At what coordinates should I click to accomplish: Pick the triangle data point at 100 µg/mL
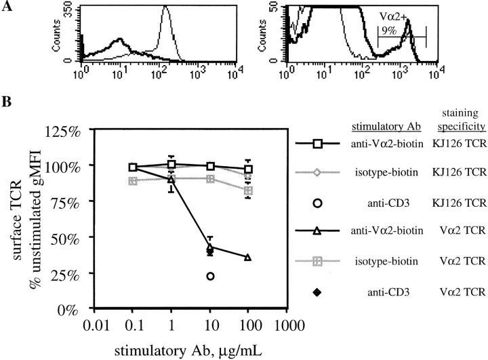248,258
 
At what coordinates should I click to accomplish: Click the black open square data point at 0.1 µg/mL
134,167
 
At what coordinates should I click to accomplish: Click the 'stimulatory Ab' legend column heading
378,127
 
